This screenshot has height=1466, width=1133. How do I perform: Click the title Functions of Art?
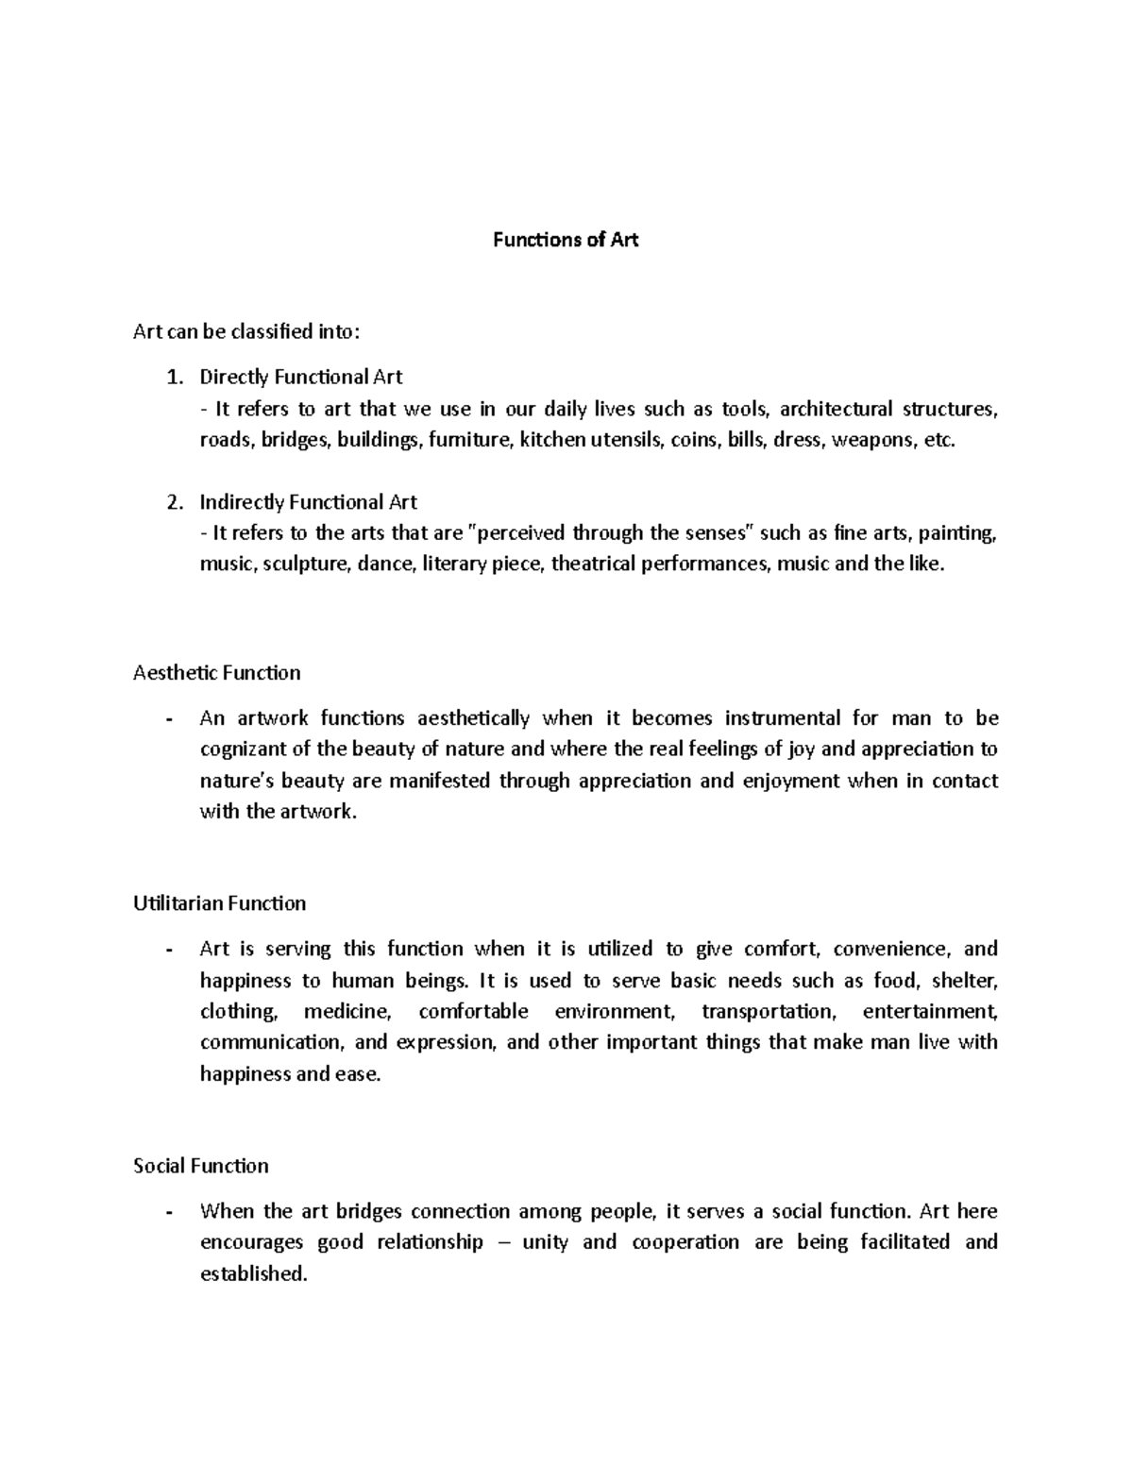(x=566, y=240)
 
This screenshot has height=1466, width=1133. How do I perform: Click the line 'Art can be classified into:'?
(x=246, y=331)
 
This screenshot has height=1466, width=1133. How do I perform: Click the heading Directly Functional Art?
(x=300, y=378)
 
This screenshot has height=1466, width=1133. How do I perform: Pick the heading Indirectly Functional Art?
(x=308, y=502)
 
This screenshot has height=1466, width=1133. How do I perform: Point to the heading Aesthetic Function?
(x=217, y=673)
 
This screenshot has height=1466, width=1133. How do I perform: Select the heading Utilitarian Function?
(x=220, y=903)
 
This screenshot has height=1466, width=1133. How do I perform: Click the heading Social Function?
(x=201, y=1166)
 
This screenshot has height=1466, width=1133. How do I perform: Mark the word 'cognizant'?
(x=242, y=750)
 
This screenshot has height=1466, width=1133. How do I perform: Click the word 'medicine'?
(x=347, y=1012)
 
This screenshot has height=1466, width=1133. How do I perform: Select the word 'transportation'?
(x=769, y=1012)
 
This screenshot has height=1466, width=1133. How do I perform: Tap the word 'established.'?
(x=254, y=1273)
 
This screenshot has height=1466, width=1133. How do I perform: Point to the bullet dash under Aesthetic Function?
(x=168, y=719)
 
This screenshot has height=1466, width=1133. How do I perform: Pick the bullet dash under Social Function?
(x=168, y=1212)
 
